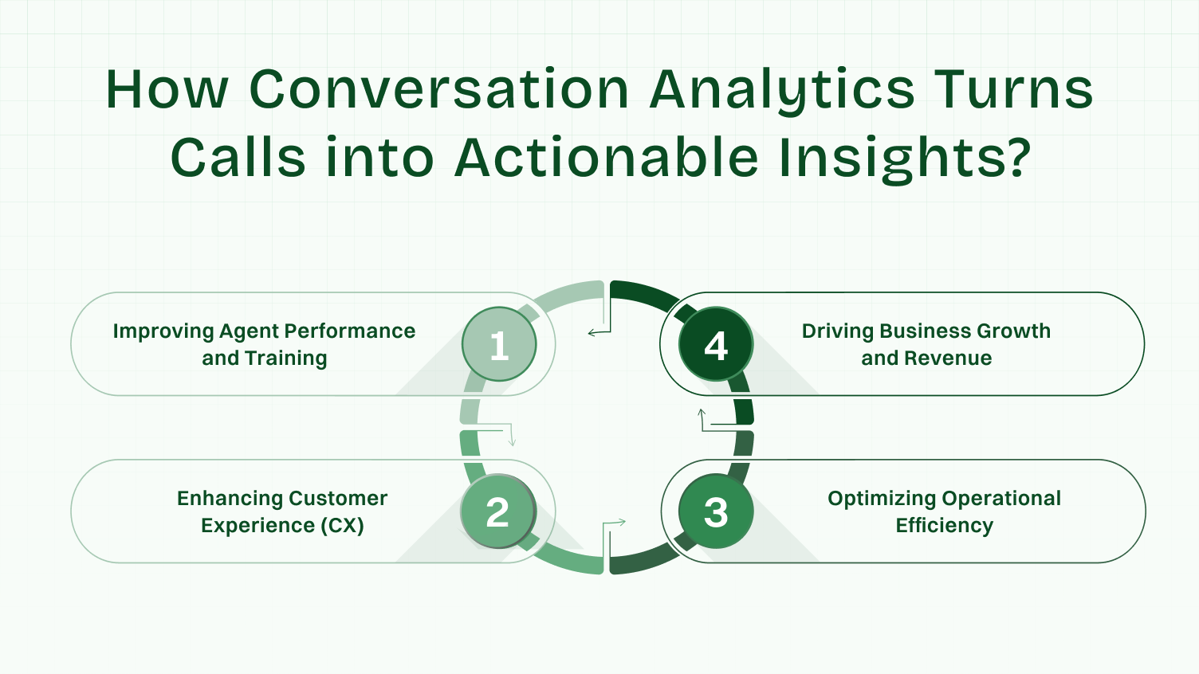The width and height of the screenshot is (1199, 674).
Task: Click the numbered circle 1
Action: pos(499,344)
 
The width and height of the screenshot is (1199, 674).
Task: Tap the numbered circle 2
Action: pos(498,511)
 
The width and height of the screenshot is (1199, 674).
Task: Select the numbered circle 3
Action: pos(716,511)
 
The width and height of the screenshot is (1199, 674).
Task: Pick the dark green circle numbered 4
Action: pos(716,344)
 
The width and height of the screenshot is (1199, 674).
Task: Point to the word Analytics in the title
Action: pos(782,90)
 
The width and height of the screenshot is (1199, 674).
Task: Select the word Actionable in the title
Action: pos(606,157)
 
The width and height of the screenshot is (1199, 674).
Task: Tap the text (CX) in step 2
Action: pos(343,526)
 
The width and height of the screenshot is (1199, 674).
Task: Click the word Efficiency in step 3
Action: pos(944,526)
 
